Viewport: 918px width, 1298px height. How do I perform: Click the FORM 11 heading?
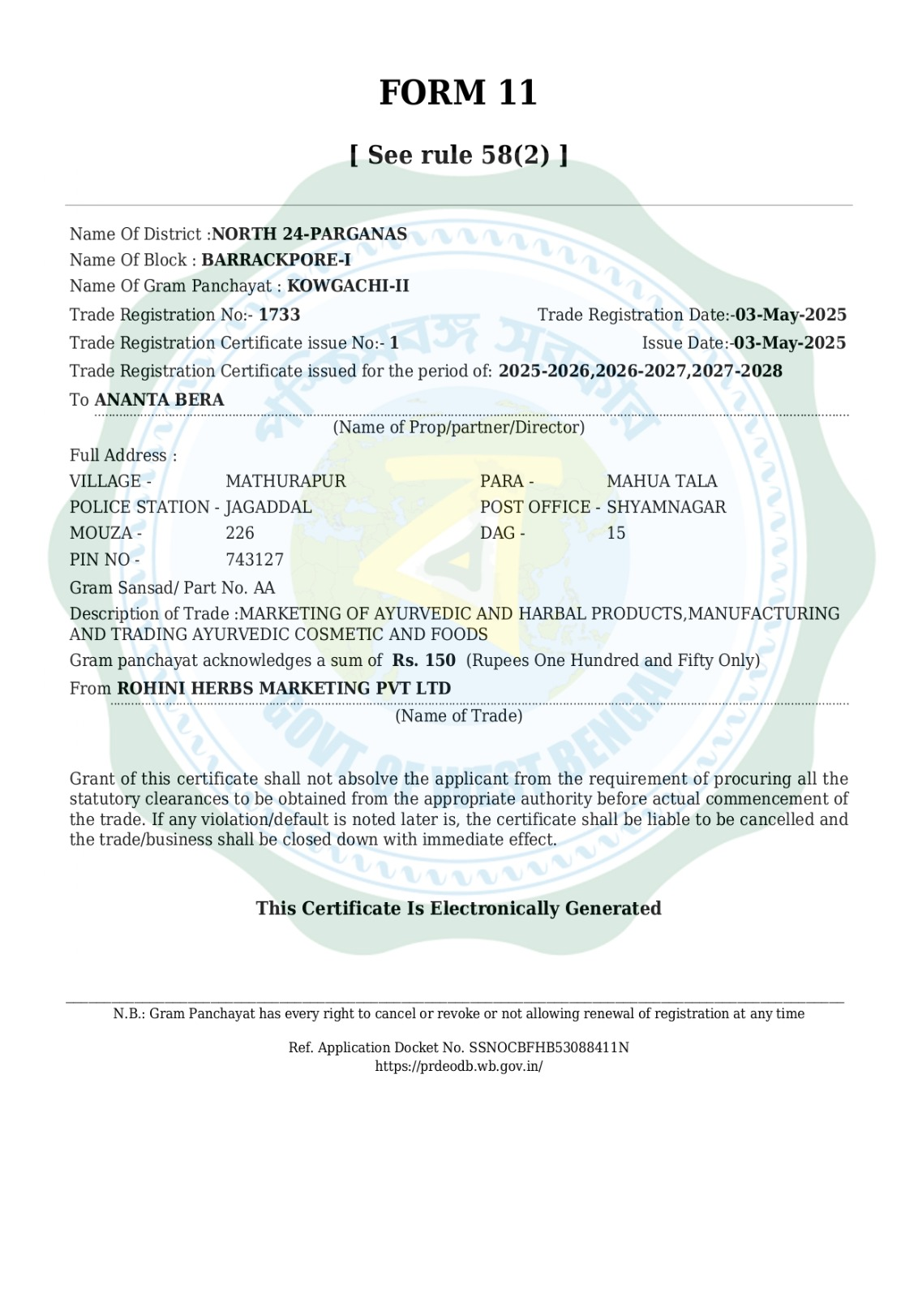pos(458,92)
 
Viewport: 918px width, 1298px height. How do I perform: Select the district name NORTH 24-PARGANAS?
pos(309,234)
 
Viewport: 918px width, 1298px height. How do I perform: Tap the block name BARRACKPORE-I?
pos(276,260)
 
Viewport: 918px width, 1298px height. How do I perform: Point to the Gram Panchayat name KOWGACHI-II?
pos(348,286)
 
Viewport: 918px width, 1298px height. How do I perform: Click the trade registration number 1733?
pos(279,315)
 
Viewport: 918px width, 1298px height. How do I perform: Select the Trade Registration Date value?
pos(790,315)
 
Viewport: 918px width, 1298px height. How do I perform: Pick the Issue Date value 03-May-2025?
pos(789,343)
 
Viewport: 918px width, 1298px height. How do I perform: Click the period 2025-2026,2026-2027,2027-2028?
pos(640,372)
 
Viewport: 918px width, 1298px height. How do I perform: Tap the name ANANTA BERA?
pos(159,400)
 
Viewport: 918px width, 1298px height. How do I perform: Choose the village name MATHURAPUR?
pos(285,481)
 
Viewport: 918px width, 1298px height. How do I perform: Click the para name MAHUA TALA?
pos(662,481)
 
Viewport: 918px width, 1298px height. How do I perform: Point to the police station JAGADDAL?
pos(268,507)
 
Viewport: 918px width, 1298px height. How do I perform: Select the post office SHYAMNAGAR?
pos(666,507)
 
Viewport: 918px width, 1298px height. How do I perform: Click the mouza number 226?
pos(240,533)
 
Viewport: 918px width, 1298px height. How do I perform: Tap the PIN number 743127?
pos(255,560)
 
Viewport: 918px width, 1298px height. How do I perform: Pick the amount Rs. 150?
pos(423,660)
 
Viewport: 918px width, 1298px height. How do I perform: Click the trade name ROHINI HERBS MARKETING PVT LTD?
pos(284,689)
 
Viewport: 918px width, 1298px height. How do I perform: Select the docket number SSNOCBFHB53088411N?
pos(548,1047)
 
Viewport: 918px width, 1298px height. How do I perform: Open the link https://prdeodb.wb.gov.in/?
pos(458,1066)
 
